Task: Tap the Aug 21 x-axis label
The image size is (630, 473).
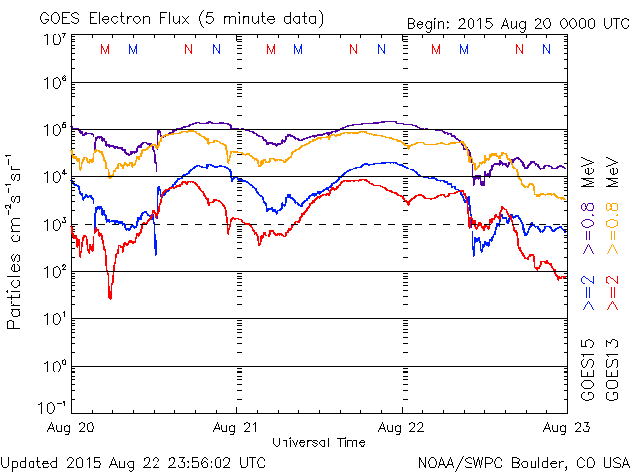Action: (x=236, y=427)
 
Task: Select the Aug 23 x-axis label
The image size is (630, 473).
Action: (x=565, y=427)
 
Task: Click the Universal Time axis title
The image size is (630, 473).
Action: (x=319, y=442)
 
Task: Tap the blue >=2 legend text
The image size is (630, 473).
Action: (x=589, y=293)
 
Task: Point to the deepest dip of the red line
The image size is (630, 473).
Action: (x=110, y=297)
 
